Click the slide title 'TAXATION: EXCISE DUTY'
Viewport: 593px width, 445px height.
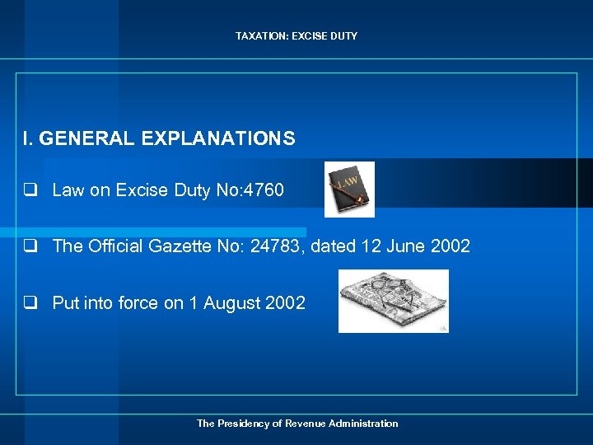click(296, 36)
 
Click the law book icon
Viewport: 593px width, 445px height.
click(349, 189)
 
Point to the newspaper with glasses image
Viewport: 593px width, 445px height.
click(394, 301)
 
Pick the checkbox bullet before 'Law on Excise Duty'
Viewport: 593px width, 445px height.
click(30, 190)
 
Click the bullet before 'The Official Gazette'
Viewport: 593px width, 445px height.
click(30, 246)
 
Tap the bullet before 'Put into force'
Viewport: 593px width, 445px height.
click(30, 303)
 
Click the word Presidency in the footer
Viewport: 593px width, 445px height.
click(245, 424)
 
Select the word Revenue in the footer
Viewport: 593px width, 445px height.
click(305, 424)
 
